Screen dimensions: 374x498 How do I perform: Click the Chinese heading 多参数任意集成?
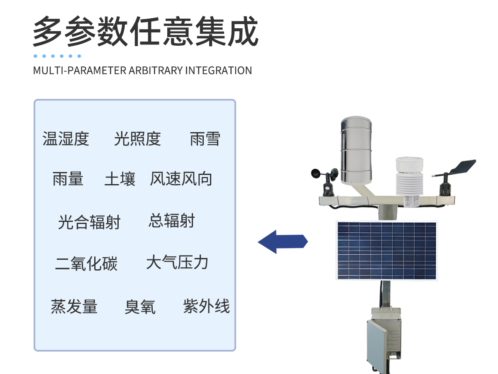(x=145, y=32)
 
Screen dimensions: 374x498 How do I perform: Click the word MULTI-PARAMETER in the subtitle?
(x=79, y=70)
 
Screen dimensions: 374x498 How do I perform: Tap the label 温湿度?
(x=66, y=139)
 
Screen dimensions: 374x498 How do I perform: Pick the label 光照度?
(x=137, y=139)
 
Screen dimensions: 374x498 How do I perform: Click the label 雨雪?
(x=205, y=139)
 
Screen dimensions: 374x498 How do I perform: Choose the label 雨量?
(x=68, y=179)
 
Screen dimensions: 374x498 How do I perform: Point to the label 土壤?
(x=120, y=179)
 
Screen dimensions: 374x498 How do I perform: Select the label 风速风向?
(x=181, y=179)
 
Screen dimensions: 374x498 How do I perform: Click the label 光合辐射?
(x=89, y=222)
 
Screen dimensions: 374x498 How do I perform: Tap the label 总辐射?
(x=171, y=221)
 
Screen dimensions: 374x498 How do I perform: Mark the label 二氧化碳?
(x=86, y=264)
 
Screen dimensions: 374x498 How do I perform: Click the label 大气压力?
(x=177, y=263)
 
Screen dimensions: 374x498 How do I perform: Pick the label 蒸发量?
(x=74, y=307)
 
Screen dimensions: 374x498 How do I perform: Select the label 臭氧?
(x=140, y=307)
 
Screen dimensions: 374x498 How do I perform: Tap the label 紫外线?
(x=206, y=306)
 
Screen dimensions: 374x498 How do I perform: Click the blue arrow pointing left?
(x=283, y=242)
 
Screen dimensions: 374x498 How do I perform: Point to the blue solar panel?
(x=386, y=251)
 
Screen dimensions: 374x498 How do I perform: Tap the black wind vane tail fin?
(x=463, y=166)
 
